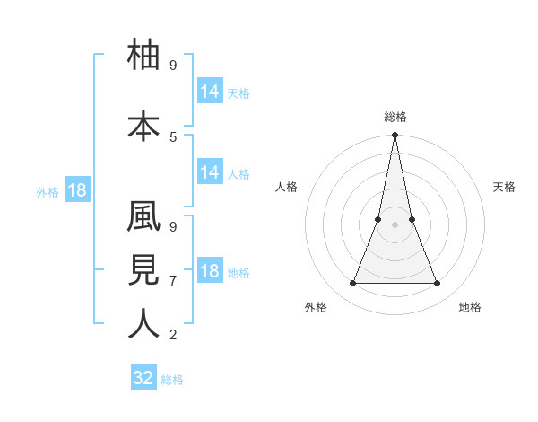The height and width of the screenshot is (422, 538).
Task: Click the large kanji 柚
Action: click(144, 55)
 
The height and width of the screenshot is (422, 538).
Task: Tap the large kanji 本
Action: click(144, 127)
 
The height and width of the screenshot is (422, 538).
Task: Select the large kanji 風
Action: click(144, 222)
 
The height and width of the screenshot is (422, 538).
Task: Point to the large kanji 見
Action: click(144, 271)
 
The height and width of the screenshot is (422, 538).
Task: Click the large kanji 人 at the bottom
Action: click(144, 323)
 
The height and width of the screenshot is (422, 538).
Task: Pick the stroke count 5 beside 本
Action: click(173, 136)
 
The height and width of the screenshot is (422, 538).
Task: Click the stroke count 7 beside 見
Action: click(173, 280)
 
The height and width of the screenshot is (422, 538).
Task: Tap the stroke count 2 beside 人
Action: click(173, 335)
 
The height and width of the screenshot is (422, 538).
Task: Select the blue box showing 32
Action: click(143, 378)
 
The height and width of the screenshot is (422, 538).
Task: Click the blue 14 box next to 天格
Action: click(209, 91)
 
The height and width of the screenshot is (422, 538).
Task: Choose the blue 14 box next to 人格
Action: click(209, 172)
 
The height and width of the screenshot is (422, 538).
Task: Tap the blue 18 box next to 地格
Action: click(209, 271)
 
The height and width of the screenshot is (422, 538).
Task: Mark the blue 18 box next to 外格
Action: click(77, 190)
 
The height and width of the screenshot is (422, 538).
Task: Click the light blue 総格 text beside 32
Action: click(172, 380)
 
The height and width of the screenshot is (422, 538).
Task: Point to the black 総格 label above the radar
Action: click(395, 117)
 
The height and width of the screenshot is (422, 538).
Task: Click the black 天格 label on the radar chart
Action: click(505, 187)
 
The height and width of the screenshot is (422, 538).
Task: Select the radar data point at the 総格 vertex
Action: click(395, 136)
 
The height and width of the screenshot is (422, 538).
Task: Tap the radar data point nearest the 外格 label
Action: click(352, 284)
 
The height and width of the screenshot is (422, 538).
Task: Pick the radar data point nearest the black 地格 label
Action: click(438, 284)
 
